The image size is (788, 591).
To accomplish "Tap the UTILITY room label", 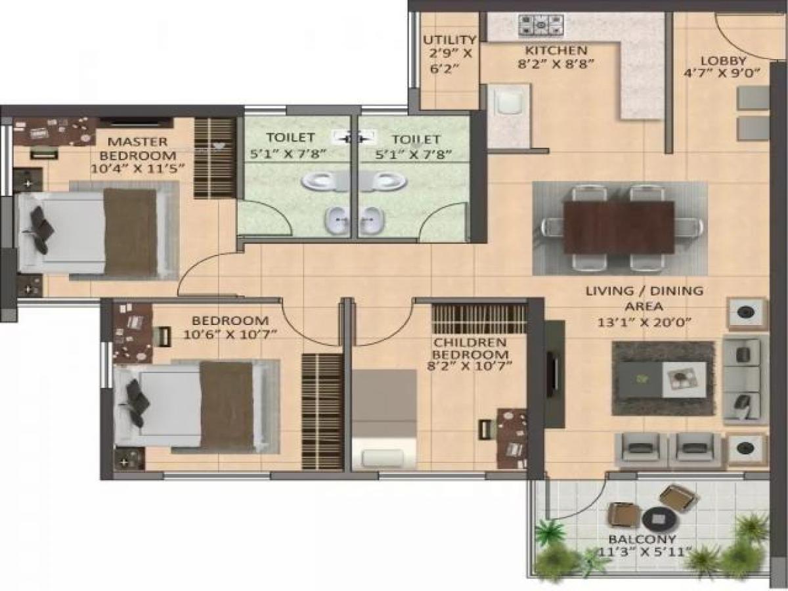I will coord(449,40).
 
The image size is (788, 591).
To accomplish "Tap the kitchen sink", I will coord(508,105).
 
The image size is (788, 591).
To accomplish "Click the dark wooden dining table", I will coord(619,227).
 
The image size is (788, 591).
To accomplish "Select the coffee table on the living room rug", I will coord(663,380).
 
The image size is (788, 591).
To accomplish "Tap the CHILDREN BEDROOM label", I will coord(470,349).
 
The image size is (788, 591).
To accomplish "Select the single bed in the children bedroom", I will coord(383,419).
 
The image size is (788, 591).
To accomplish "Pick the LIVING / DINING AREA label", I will coord(644,298).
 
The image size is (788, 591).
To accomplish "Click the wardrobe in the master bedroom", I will coord(215,158).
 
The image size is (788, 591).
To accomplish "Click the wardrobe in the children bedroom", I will coord(479,318).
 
